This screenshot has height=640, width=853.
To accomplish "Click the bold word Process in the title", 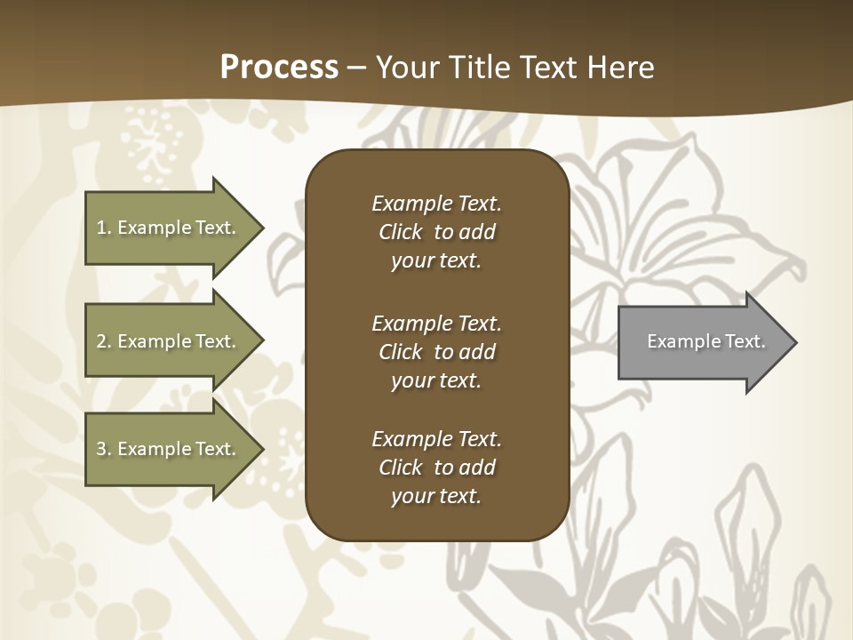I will pyautogui.click(x=279, y=68).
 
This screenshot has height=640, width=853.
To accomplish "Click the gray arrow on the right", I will pyautogui.click(x=702, y=341).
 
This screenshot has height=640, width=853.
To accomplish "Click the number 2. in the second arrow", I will pyautogui.click(x=103, y=341).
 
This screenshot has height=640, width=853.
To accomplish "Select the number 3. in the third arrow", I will pyautogui.click(x=103, y=449).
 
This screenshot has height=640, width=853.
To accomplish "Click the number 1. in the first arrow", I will pyautogui.click(x=103, y=228).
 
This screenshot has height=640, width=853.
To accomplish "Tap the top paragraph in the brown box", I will pyautogui.click(x=436, y=232).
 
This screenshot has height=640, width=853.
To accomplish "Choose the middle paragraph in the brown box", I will pyautogui.click(x=436, y=352).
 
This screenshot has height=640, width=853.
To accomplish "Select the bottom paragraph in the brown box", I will pyautogui.click(x=436, y=468).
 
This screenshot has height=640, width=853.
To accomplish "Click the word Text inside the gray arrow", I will pyautogui.click(x=745, y=341).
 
